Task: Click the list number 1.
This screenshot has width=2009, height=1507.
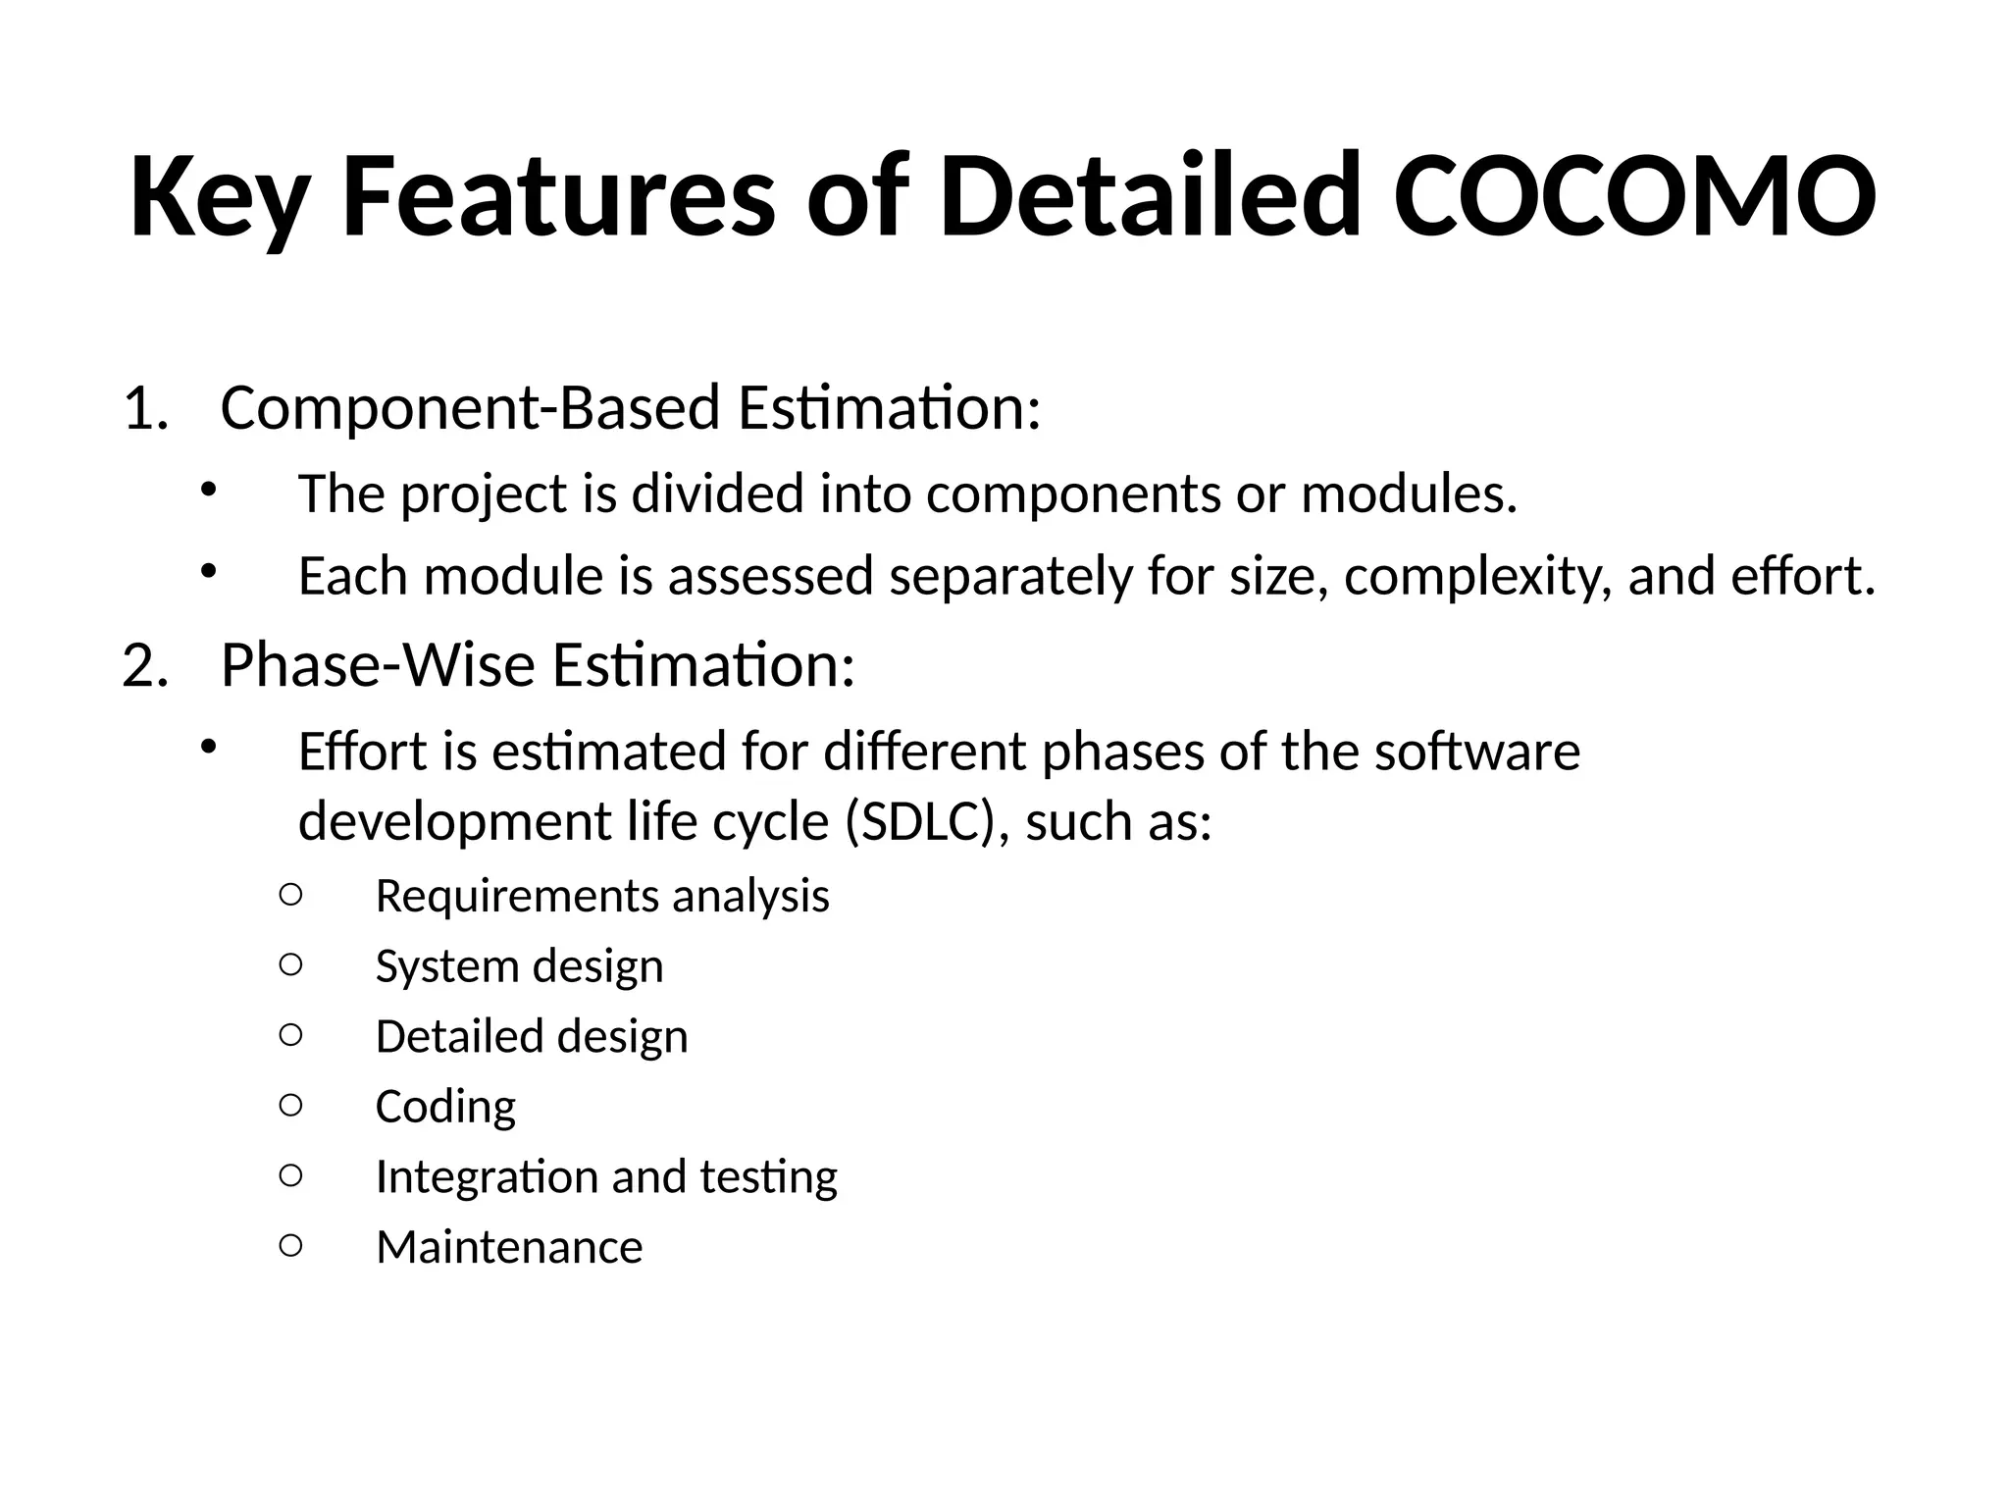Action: [145, 408]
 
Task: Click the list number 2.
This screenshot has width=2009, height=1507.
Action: [145, 666]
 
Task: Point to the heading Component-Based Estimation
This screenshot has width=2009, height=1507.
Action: [630, 408]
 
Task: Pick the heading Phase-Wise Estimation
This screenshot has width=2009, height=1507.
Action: [538, 666]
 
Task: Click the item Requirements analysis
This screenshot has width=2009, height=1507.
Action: [602, 896]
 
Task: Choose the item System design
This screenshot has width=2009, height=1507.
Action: [519, 966]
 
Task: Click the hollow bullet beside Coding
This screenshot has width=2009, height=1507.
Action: [290, 1106]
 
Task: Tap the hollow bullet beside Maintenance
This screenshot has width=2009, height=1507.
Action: [290, 1246]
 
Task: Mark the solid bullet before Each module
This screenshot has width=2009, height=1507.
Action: [207, 572]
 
